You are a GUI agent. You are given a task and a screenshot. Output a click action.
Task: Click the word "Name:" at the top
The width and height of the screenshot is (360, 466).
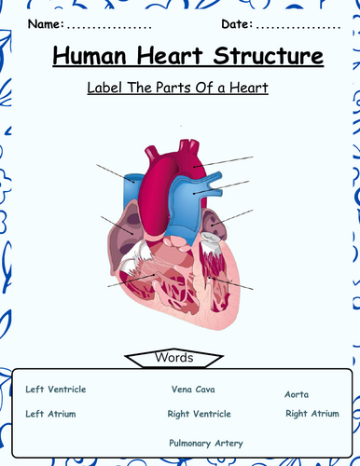point(47,21)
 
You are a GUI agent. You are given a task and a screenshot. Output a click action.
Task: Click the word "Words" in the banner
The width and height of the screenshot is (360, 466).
point(179,332)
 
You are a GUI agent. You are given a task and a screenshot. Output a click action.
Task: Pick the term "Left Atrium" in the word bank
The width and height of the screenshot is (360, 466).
point(50,387)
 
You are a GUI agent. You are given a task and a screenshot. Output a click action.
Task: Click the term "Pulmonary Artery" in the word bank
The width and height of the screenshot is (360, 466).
point(205,417)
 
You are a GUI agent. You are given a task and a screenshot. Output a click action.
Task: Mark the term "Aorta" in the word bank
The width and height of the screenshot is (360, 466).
point(297,368)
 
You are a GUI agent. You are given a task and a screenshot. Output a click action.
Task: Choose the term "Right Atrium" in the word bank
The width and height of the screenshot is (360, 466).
point(312,387)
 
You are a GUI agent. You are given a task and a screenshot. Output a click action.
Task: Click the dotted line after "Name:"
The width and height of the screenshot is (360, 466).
point(104,23)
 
